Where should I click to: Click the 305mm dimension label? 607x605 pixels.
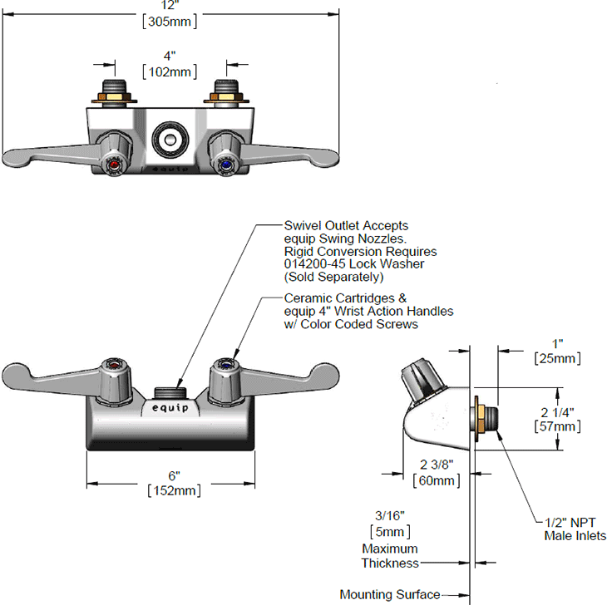170,22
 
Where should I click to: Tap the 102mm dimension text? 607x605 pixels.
170,72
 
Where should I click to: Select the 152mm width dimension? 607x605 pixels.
175,490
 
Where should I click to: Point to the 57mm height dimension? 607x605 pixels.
557,426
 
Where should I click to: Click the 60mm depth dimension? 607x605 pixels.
437,480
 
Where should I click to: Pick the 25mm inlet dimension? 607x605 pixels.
557,358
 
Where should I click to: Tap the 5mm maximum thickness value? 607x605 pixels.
390,532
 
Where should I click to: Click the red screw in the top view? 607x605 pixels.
114,166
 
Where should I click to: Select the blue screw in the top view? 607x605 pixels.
226,166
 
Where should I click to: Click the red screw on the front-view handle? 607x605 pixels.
113,365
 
